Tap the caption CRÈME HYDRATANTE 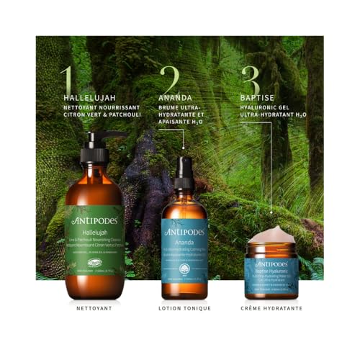click(271, 309)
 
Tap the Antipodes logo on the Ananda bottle click(184, 233)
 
